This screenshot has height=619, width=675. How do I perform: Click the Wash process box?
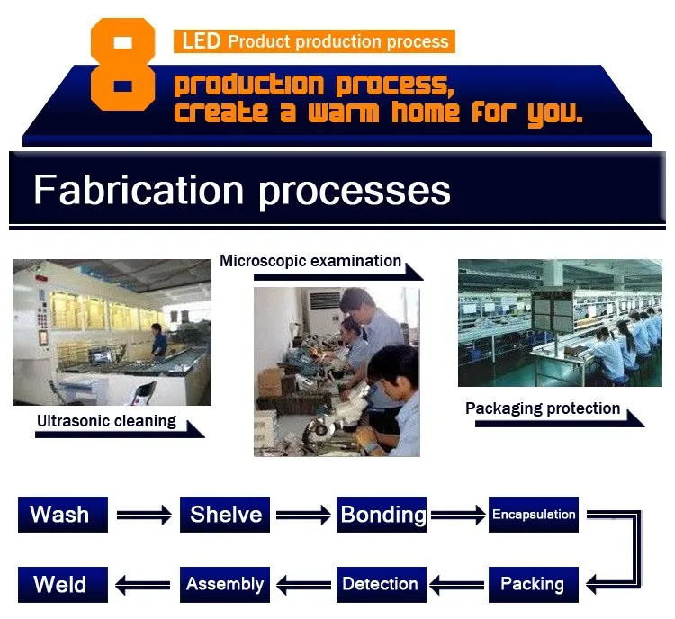[63, 515]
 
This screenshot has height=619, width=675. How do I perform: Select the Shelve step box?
[225, 515]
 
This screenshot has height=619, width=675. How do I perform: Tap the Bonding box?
[382, 515]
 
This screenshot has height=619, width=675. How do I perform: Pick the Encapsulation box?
[534, 515]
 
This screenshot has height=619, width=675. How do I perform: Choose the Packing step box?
[534, 585]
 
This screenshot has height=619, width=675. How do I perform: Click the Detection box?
[382, 585]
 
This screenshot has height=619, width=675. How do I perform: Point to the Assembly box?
[225, 585]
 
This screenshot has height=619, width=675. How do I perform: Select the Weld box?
[63, 585]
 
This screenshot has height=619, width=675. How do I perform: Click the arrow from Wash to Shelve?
[144, 515]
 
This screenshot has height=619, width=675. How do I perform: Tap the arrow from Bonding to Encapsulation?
[458, 515]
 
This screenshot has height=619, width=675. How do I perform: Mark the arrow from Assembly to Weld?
[143, 585]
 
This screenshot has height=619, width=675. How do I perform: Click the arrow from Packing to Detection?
[456, 585]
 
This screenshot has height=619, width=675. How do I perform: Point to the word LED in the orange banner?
[202, 41]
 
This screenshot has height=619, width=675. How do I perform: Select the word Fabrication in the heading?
[139, 190]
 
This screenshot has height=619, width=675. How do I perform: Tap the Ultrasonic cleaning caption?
[106, 421]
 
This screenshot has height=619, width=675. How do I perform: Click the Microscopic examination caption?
[310, 261]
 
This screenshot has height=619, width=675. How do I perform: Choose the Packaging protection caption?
[543, 408]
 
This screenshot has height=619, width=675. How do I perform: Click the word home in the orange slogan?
[426, 112]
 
